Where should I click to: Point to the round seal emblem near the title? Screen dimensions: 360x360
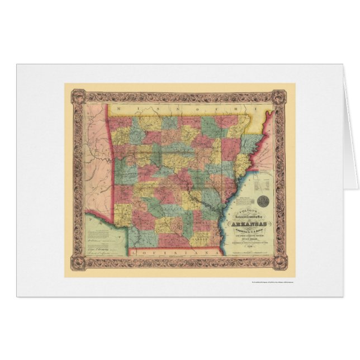267,198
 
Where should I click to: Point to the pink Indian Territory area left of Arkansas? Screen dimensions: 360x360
98,157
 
